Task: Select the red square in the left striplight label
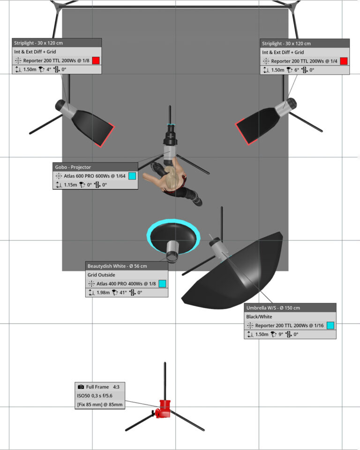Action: click(x=96, y=60)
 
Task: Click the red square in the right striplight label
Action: click(x=344, y=61)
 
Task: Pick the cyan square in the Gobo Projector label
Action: click(x=132, y=176)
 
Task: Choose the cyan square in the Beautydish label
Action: click(x=162, y=284)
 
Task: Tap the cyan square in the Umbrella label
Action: click(x=330, y=325)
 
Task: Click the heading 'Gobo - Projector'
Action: click(x=73, y=167)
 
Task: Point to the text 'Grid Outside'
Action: click(x=101, y=275)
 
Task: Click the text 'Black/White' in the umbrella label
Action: click(x=259, y=317)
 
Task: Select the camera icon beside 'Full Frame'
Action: click(x=81, y=387)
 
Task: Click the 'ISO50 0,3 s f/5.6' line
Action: click(x=94, y=396)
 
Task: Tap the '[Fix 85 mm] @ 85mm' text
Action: click(x=100, y=405)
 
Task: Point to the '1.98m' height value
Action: click(x=103, y=292)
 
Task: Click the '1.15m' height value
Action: click(x=70, y=185)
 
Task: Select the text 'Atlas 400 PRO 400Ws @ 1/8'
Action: click(x=126, y=284)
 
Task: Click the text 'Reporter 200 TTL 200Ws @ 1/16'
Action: click(x=289, y=325)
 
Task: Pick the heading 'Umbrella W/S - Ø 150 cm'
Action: click(x=273, y=308)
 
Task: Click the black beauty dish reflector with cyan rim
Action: click(x=173, y=235)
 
